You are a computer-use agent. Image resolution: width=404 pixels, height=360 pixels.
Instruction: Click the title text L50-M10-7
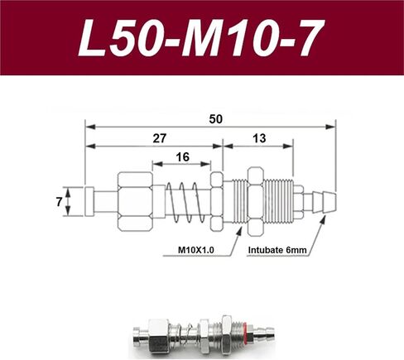201,37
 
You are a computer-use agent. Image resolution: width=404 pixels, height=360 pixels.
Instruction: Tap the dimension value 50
215,119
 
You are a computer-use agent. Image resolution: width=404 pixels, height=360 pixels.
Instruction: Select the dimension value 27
160,138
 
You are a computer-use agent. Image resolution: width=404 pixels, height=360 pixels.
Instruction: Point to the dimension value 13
259,138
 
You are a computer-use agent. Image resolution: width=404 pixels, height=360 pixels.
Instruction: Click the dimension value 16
183,157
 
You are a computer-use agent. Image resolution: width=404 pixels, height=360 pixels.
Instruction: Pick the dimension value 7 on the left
59,202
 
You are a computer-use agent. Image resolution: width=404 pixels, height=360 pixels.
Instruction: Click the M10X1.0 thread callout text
196,250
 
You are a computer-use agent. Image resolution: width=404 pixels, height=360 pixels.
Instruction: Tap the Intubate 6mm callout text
277,250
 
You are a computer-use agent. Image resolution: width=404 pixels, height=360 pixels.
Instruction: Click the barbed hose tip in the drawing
325,202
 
